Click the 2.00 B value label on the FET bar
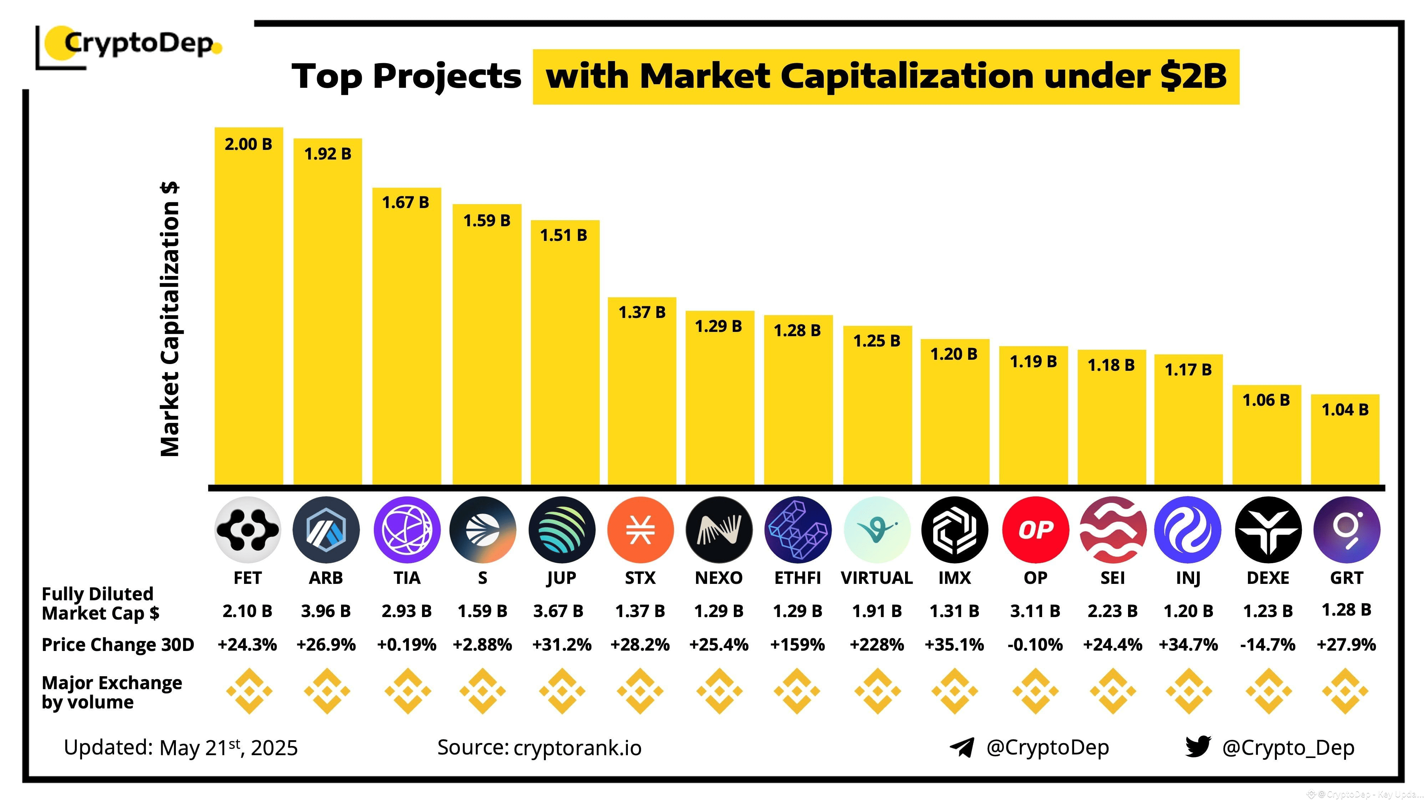tap(248, 144)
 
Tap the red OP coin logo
tap(1035, 530)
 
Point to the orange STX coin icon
tap(640, 530)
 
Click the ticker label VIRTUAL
tap(877, 578)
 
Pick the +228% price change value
tap(877, 645)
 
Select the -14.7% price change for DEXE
tap(1268, 645)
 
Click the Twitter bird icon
tap(1198, 747)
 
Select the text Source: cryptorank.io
tap(539, 748)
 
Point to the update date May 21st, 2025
tap(228, 748)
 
